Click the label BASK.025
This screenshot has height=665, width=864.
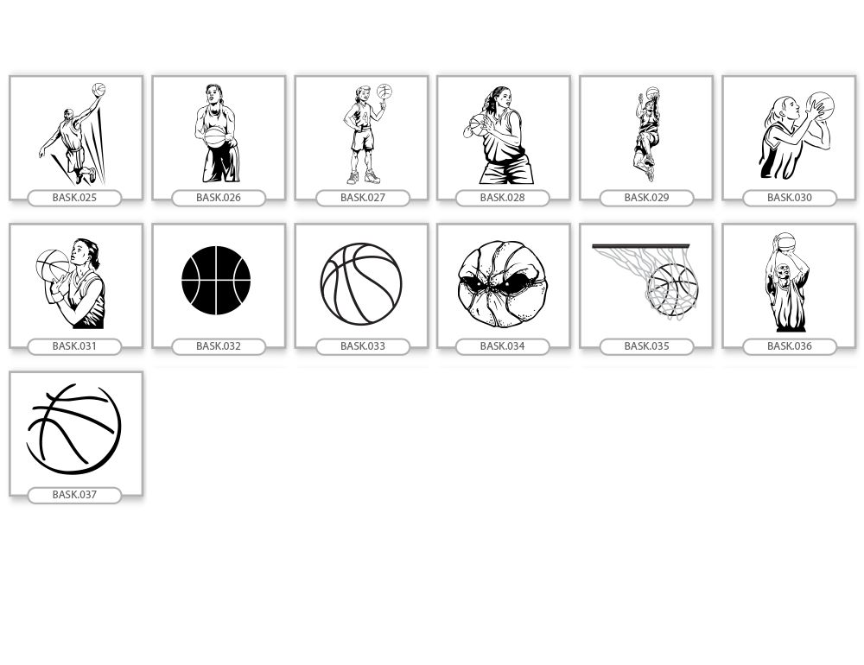pyautogui.click(x=74, y=197)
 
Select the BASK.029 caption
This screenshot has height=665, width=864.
pyautogui.click(x=646, y=197)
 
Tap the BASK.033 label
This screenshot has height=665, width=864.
pyautogui.click(x=363, y=346)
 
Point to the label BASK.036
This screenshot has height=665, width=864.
pyautogui.click(x=789, y=346)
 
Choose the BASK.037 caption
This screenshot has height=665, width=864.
pyautogui.click(x=74, y=494)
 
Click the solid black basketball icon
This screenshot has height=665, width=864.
pyautogui.click(x=216, y=281)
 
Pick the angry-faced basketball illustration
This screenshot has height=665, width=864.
pyautogui.click(x=501, y=284)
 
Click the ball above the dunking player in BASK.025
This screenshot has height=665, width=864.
pyautogui.click(x=98, y=89)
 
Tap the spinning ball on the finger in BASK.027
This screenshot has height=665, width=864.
pyautogui.click(x=384, y=91)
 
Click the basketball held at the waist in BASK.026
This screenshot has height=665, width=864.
pyautogui.click(x=215, y=137)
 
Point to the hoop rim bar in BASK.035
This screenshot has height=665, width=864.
pyautogui.click(x=641, y=246)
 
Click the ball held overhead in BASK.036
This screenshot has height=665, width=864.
pyautogui.click(x=785, y=242)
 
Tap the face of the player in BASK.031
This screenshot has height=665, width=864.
pyautogui.click(x=79, y=254)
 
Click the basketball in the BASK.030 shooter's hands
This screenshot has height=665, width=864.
pyautogui.click(x=821, y=105)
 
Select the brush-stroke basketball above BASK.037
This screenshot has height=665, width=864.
pyautogui.click(x=73, y=429)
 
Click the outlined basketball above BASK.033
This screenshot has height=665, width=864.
pyautogui.click(x=361, y=284)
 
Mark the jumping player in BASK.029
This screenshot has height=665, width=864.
pyautogui.click(x=647, y=134)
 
